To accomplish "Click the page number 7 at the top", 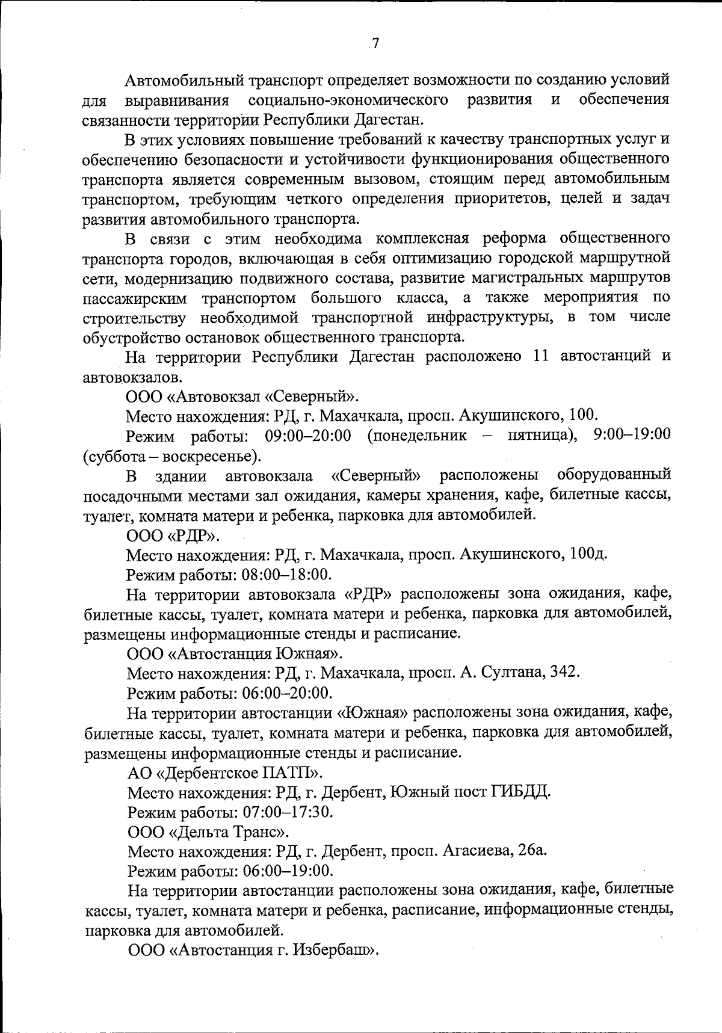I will (375, 43).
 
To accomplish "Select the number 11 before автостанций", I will (540, 356).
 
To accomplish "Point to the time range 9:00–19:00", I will (632, 434).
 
